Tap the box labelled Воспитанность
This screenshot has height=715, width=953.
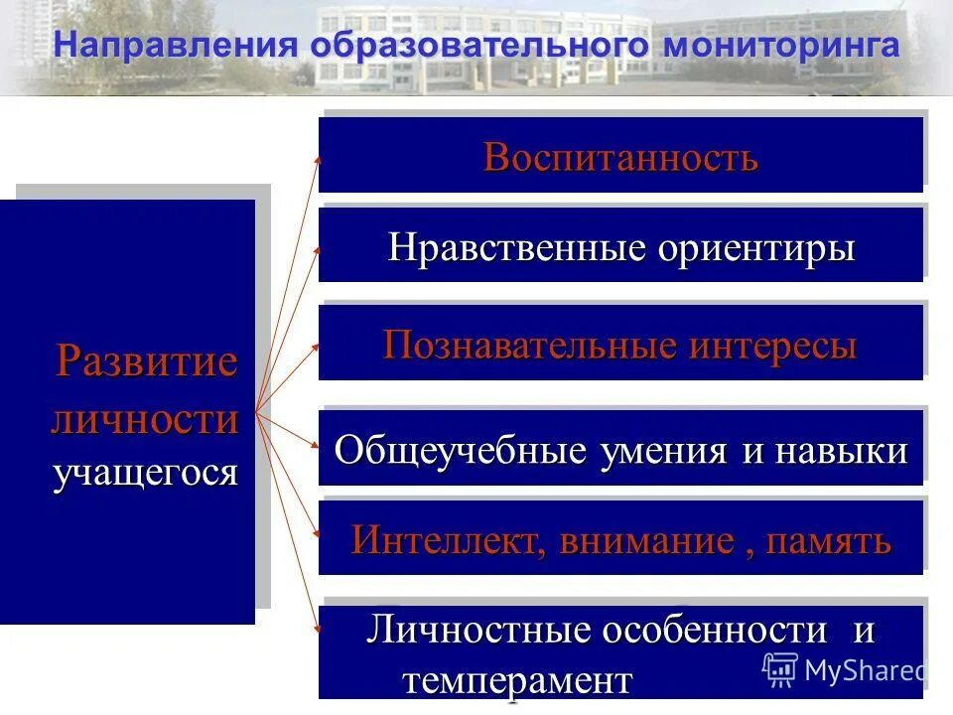(x=620, y=157)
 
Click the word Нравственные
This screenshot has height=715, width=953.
(x=516, y=247)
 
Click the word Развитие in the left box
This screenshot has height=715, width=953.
(x=146, y=360)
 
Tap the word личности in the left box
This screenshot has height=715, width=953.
(x=145, y=418)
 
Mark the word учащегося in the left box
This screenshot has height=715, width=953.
(x=145, y=472)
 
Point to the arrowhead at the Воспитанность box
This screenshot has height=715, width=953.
(x=318, y=157)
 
